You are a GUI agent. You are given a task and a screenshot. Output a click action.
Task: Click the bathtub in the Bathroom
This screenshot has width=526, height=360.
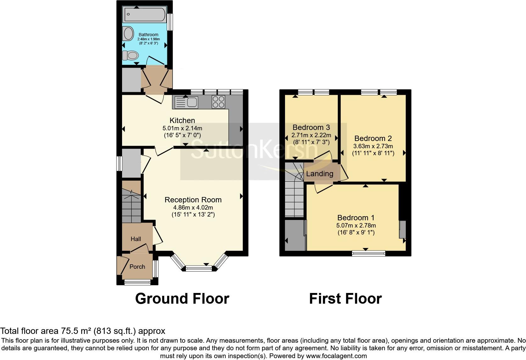[x=145, y=14]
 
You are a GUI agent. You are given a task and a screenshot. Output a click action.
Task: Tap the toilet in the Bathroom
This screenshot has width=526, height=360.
[x=131, y=56]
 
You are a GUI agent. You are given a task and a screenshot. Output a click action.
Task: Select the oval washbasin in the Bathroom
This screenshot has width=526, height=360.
[x=128, y=33]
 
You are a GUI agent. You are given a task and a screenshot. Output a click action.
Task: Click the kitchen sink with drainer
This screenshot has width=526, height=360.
[x=186, y=102]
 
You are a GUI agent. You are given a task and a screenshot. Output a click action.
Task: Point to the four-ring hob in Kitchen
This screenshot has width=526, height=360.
[x=218, y=102]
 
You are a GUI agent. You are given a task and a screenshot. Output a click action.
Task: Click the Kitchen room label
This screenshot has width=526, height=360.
[x=182, y=121]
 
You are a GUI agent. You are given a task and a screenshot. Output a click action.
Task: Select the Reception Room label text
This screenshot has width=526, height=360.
[x=193, y=200]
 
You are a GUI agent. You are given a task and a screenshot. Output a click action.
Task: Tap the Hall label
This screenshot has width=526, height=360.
[x=136, y=239]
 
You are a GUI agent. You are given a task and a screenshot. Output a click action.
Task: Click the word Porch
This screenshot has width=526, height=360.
[x=137, y=267]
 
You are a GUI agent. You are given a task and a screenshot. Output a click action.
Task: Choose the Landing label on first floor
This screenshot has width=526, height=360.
[x=320, y=174]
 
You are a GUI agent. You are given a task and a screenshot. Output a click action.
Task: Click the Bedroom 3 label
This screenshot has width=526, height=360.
[x=311, y=127]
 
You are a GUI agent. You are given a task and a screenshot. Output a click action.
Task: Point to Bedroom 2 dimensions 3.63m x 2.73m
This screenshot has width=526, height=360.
[x=373, y=146]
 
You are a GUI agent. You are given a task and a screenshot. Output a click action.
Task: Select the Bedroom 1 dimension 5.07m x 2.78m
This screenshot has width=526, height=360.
[x=356, y=226]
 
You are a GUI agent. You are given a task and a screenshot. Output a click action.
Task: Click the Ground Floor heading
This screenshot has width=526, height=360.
[x=182, y=299]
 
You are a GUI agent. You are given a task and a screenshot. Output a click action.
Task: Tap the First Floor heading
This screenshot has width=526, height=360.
[x=345, y=299]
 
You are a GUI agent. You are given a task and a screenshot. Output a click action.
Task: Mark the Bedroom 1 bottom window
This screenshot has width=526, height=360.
[x=368, y=253]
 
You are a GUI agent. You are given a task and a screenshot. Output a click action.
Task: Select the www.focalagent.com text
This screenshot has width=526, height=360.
[x=336, y=356]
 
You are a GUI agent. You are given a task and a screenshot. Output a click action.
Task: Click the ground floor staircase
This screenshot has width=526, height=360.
[x=131, y=202]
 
